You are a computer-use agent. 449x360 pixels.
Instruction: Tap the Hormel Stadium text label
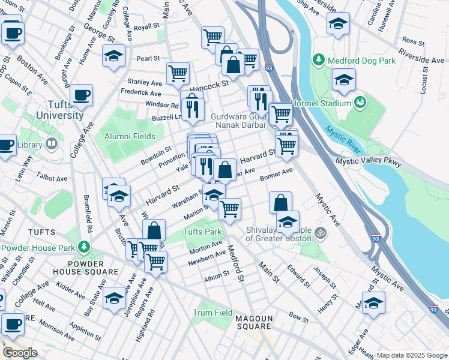pyautogui.click(x=321, y=103)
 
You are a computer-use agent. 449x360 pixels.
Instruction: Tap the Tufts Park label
pyautogui.click(x=202, y=232)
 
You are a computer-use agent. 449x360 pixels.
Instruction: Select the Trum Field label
pyautogui.click(x=212, y=313)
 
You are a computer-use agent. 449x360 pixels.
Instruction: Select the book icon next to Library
pyautogui.click(x=52, y=145)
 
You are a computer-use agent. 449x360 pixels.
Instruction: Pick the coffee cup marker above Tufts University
pyautogui.click(x=81, y=95)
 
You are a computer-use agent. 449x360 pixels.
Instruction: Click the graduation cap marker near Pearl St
pyautogui.click(x=113, y=56)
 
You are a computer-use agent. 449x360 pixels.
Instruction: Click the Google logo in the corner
pyautogui.click(x=20, y=353)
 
